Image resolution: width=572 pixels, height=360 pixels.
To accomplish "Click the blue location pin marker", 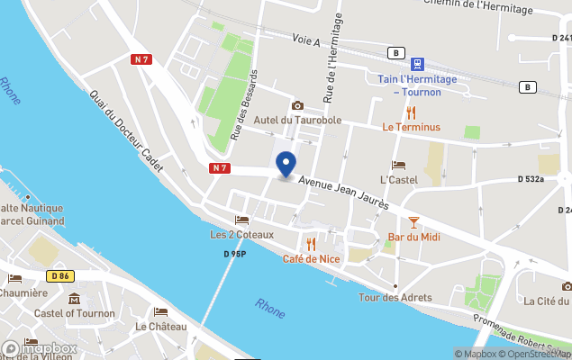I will tap(286, 164).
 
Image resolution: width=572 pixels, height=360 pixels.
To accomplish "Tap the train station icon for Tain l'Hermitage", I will tap(418, 64).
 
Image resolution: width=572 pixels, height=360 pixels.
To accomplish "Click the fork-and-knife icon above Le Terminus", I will tap(412, 112).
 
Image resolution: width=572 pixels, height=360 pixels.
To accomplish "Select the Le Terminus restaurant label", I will tap(412, 127).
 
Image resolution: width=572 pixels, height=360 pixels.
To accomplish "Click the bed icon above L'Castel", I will tap(399, 166).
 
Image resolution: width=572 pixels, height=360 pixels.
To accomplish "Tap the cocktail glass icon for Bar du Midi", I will tap(413, 221).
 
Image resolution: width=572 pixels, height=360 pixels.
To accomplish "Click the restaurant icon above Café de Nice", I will tap(312, 244).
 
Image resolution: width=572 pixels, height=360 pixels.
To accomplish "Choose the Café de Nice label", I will tap(312, 259).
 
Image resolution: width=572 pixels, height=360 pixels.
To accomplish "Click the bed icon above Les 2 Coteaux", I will tap(241, 220).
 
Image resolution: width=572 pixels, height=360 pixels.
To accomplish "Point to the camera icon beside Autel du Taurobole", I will tap(297, 106).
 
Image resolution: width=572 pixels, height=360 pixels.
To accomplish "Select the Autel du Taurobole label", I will tap(296, 121).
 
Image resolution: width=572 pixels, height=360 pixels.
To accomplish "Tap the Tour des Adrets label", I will tap(395, 297).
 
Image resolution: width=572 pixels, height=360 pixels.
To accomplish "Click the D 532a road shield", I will tap(531, 179).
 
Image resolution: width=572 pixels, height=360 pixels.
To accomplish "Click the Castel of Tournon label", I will tap(75, 313).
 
